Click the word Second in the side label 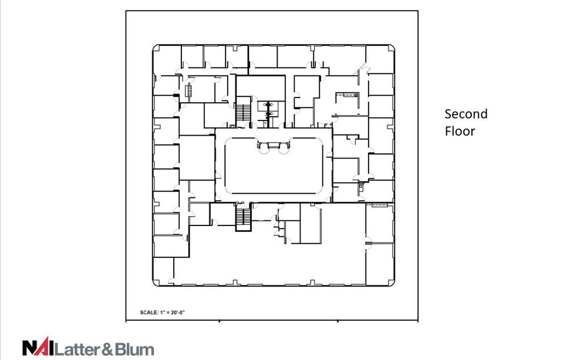465,114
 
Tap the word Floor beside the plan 459,131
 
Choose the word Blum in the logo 134,349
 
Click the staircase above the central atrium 243,113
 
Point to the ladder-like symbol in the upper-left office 189,92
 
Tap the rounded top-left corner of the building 156,47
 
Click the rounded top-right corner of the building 390,47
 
